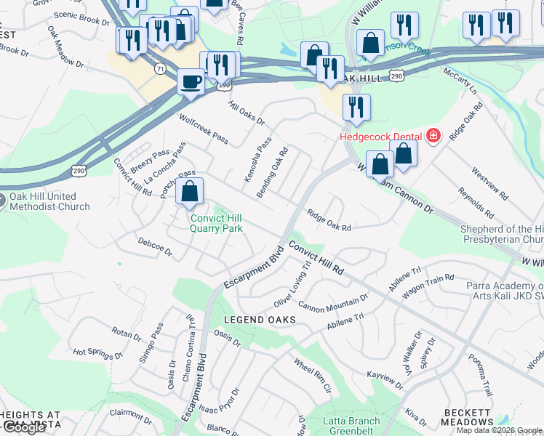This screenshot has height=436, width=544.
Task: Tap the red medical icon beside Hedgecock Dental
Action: pos(433,136)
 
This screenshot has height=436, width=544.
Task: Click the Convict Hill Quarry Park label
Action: pos(216,223)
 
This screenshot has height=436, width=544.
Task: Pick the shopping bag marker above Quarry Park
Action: pos(189,193)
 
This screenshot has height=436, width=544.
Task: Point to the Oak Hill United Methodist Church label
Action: pos(49,201)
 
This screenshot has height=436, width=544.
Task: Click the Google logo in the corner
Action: pos(23,427)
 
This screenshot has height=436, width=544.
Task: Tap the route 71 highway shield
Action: pos(159,68)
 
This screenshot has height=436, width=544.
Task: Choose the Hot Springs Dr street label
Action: pos(98,354)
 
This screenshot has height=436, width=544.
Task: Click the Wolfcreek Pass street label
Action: pos(204,127)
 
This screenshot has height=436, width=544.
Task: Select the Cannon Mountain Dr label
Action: pos(333,302)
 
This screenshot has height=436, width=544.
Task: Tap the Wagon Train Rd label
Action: pos(430,280)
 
